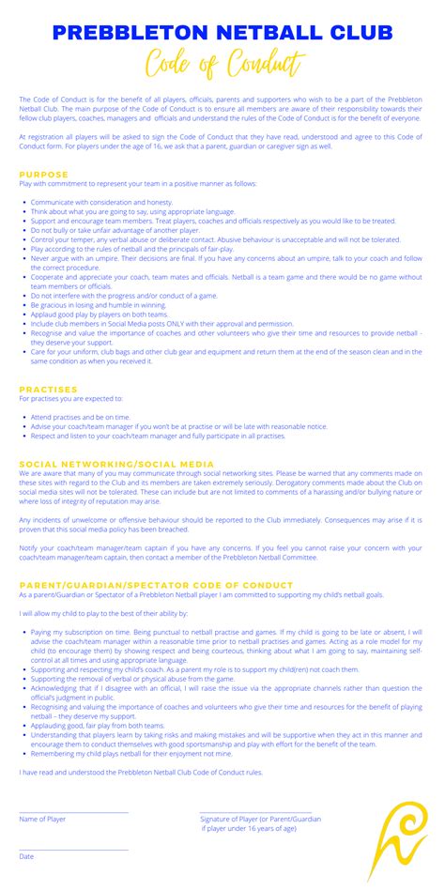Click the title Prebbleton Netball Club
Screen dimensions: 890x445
222,33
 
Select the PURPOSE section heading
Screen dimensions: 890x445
43,175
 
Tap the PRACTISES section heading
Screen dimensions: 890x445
48,389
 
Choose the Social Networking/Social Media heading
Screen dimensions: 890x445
116,464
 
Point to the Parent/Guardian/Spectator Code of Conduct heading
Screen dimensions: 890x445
156,585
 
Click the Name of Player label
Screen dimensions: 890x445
42,819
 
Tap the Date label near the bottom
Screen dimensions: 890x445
26,856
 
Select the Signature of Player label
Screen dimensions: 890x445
259,819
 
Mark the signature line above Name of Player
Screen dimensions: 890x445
73,812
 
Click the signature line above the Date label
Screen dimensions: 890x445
73,850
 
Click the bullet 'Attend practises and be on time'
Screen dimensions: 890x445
81,416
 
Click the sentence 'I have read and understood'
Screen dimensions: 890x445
141,772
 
